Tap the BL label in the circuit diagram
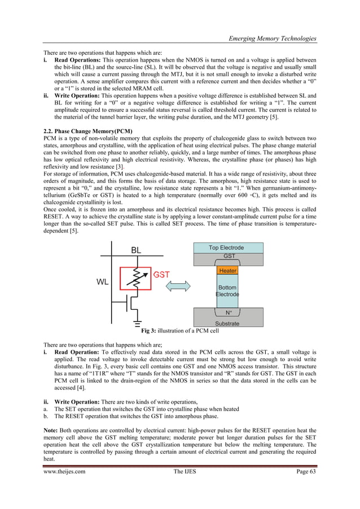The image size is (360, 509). [x=137, y=249]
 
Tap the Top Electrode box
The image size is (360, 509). [x=226, y=247]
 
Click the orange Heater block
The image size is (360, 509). [x=227, y=271]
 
